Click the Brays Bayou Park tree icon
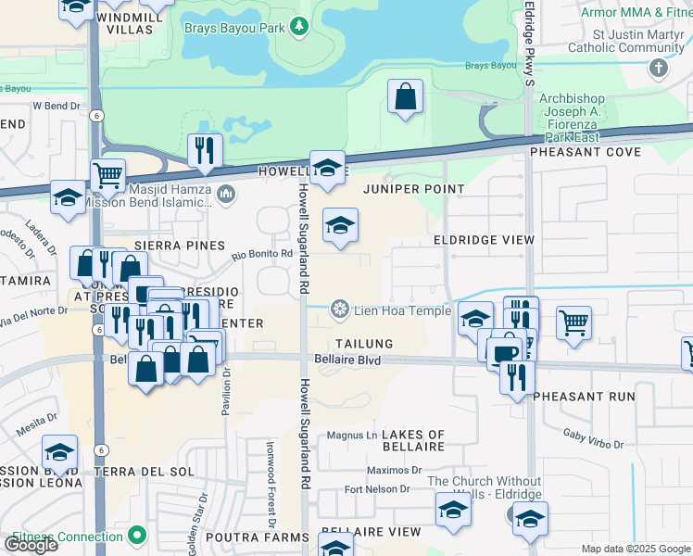pos(298,27)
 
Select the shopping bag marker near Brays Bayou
pos(405,96)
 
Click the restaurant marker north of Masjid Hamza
pos(205,150)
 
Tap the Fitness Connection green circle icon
pos(137,535)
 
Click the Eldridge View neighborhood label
pos(485,240)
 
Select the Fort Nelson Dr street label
pos(376,488)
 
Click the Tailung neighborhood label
pos(364,344)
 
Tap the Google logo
pos(31,545)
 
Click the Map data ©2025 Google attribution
pos(636,549)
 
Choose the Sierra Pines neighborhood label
pos(180,246)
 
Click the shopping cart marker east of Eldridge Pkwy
pos(574,323)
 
